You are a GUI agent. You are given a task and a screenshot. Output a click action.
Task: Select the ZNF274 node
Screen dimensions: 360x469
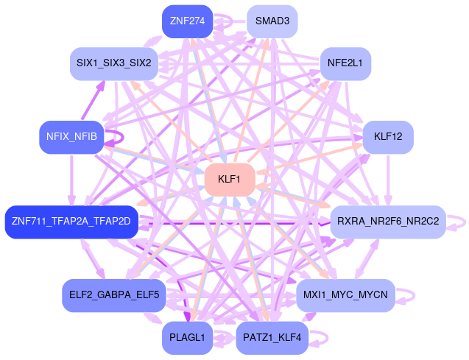(187, 21)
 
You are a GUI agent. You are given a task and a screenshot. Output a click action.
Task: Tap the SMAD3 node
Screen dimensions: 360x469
(272, 21)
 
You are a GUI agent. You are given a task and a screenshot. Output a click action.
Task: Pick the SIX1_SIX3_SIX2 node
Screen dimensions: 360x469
(113, 63)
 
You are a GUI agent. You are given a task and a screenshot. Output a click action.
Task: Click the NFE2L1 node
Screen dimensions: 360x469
(345, 63)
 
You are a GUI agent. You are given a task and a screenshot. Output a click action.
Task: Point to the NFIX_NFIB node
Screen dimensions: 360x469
(71, 137)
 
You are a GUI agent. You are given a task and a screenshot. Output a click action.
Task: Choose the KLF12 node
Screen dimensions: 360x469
(388, 137)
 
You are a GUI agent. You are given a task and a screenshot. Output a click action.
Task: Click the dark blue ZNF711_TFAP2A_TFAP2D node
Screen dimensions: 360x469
(71, 222)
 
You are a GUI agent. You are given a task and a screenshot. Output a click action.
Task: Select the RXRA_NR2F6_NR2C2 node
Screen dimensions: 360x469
(387, 222)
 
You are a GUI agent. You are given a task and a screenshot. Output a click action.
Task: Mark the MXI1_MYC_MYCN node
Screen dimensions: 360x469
(345, 295)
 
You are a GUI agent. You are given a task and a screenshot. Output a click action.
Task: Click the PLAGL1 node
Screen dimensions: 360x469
(187, 338)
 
